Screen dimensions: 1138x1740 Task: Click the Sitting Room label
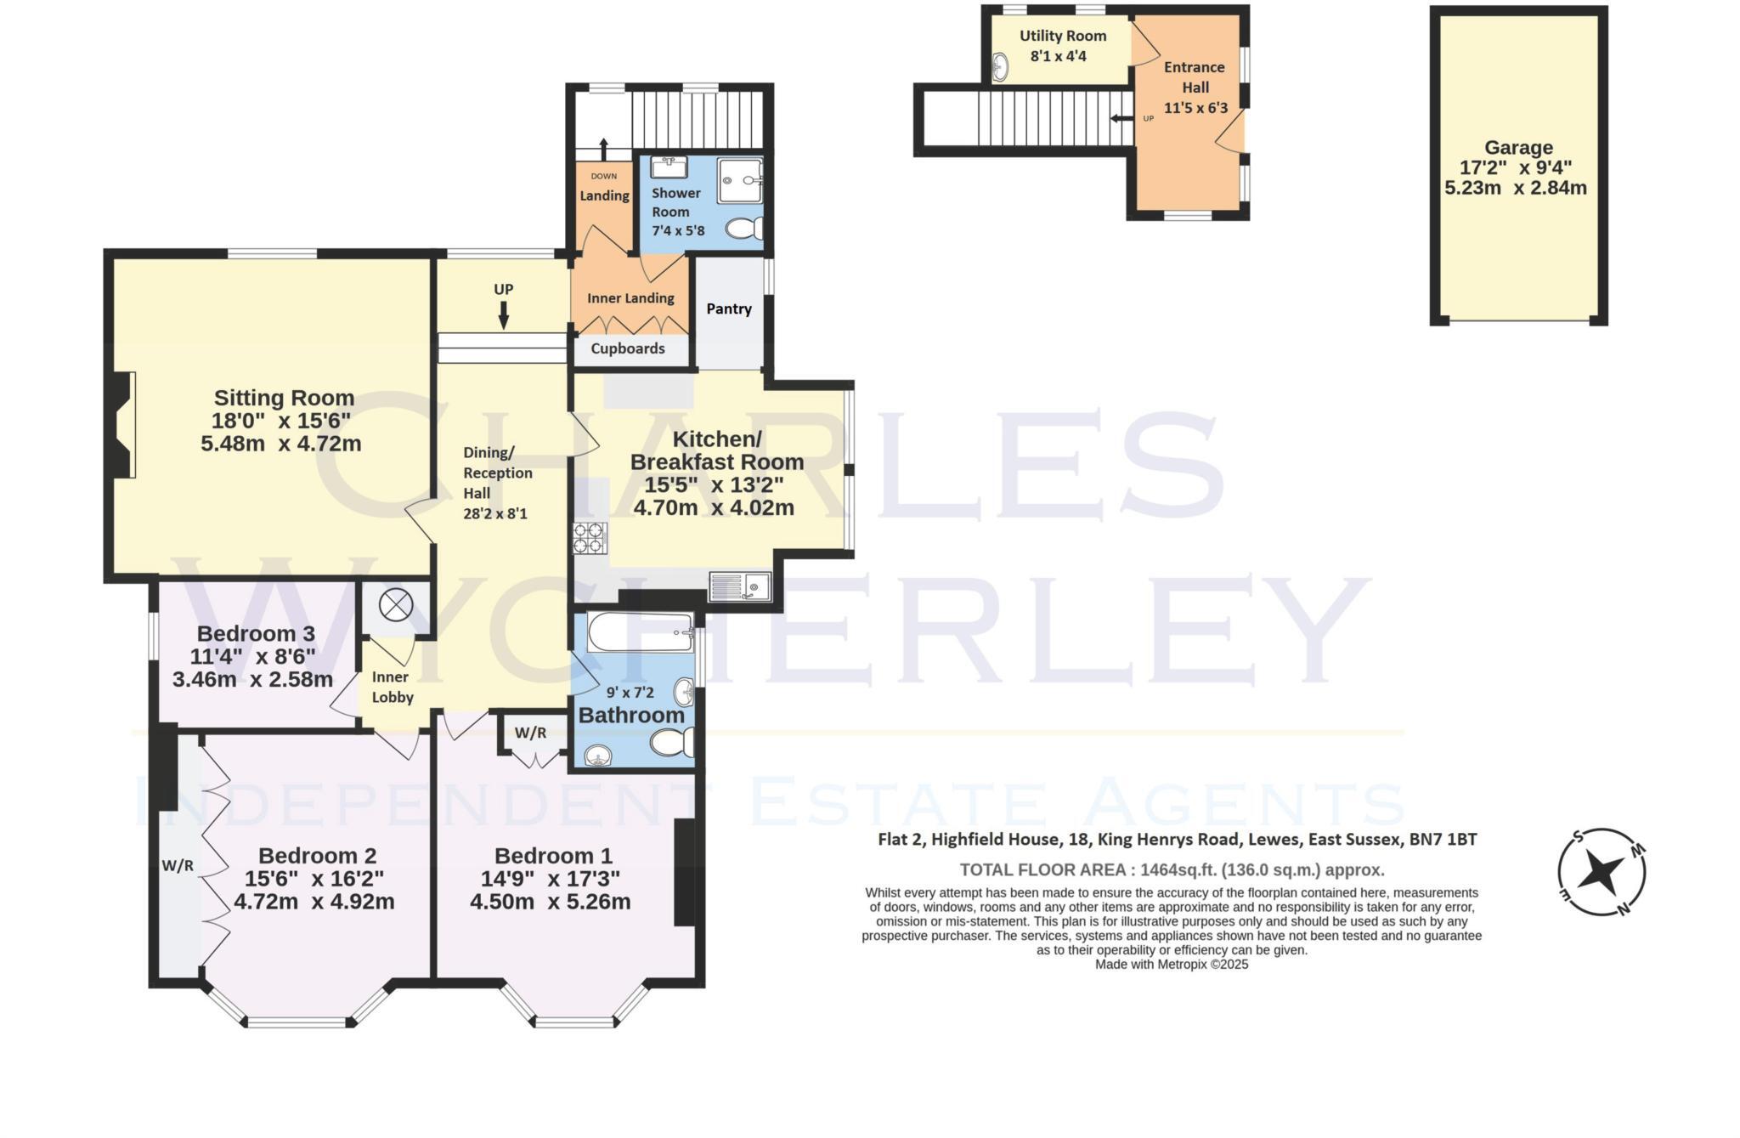[x=284, y=398]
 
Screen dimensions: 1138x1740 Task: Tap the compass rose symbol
[x=1601, y=872]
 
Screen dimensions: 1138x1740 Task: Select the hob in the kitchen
[x=590, y=537]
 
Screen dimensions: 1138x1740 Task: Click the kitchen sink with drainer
[x=740, y=586]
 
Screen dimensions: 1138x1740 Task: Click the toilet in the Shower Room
[x=745, y=229]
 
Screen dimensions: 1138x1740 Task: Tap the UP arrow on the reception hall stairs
[x=504, y=316]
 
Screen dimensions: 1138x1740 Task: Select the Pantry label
[x=729, y=309]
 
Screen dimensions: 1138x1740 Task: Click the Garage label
[x=1518, y=148]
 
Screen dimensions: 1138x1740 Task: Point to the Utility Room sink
[x=1001, y=66]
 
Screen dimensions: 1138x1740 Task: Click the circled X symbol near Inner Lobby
[x=395, y=606]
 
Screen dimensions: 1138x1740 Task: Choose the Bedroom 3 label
[x=256, y=634]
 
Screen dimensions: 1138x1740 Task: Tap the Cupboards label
[x=628, y=348]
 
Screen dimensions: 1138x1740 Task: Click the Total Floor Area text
[x=1172, y=869]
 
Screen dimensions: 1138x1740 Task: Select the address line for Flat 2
[x=1177, y=840]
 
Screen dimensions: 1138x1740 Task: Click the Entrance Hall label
[x=1195, y=77]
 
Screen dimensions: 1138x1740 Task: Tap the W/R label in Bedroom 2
[x=178, y=866]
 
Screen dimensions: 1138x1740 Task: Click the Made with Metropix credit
[x=1172, y=965]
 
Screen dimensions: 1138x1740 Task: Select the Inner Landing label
[x=630, y=298]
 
